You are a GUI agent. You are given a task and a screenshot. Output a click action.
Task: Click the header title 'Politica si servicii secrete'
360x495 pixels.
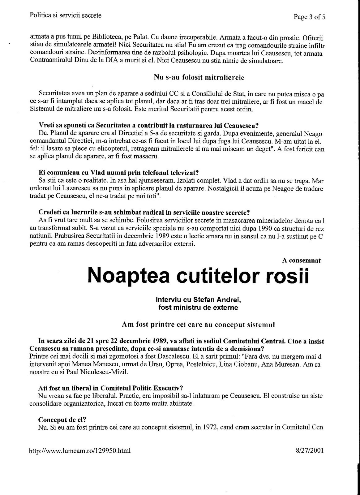point(66,15)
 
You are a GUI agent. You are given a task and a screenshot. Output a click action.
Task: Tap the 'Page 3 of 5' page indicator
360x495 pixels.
point(309,17)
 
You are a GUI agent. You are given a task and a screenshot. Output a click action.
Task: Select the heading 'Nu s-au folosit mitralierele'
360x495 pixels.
point(199,77)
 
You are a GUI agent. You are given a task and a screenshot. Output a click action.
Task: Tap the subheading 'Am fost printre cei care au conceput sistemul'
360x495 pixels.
point(198,325)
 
